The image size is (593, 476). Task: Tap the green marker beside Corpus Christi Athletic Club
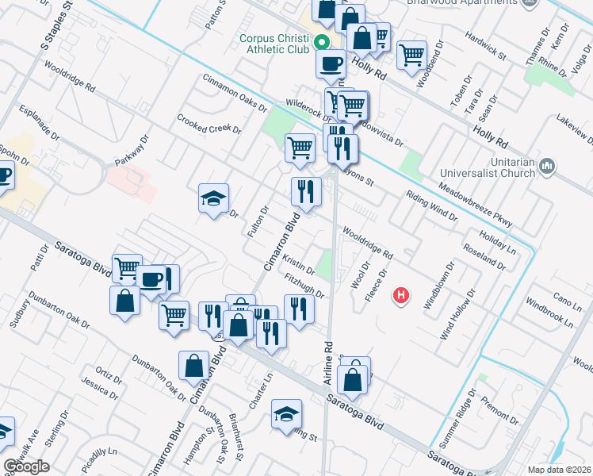[321, 43]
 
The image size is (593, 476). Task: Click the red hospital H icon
[402, 296]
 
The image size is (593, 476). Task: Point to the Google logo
[26, 466]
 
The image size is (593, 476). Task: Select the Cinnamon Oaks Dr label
[235, 93]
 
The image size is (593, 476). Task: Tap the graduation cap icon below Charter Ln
[286, 413]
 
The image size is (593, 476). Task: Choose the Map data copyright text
[559, 469]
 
